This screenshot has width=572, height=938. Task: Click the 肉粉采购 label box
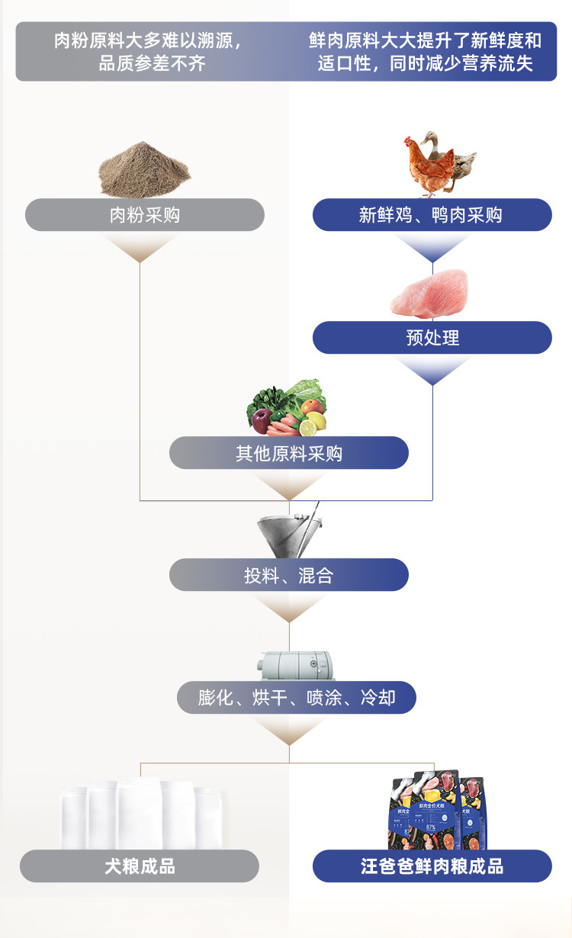pos(145,215)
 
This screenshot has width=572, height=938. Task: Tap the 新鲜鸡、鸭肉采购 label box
pos(432,215)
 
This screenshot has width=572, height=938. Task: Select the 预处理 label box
pos(432,337)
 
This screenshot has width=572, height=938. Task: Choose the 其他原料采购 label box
pos(288,453)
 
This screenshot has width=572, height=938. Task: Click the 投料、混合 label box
pos(288,575)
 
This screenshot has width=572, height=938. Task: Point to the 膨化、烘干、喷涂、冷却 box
pos(297,697)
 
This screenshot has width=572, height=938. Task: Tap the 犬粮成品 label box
pos(140,866)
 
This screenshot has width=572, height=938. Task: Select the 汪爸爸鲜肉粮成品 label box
pos(432,866)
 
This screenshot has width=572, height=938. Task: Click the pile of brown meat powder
pos(144,170)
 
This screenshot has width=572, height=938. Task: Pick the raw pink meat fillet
pos(429,294)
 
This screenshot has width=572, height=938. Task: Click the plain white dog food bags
pos(140,813)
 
